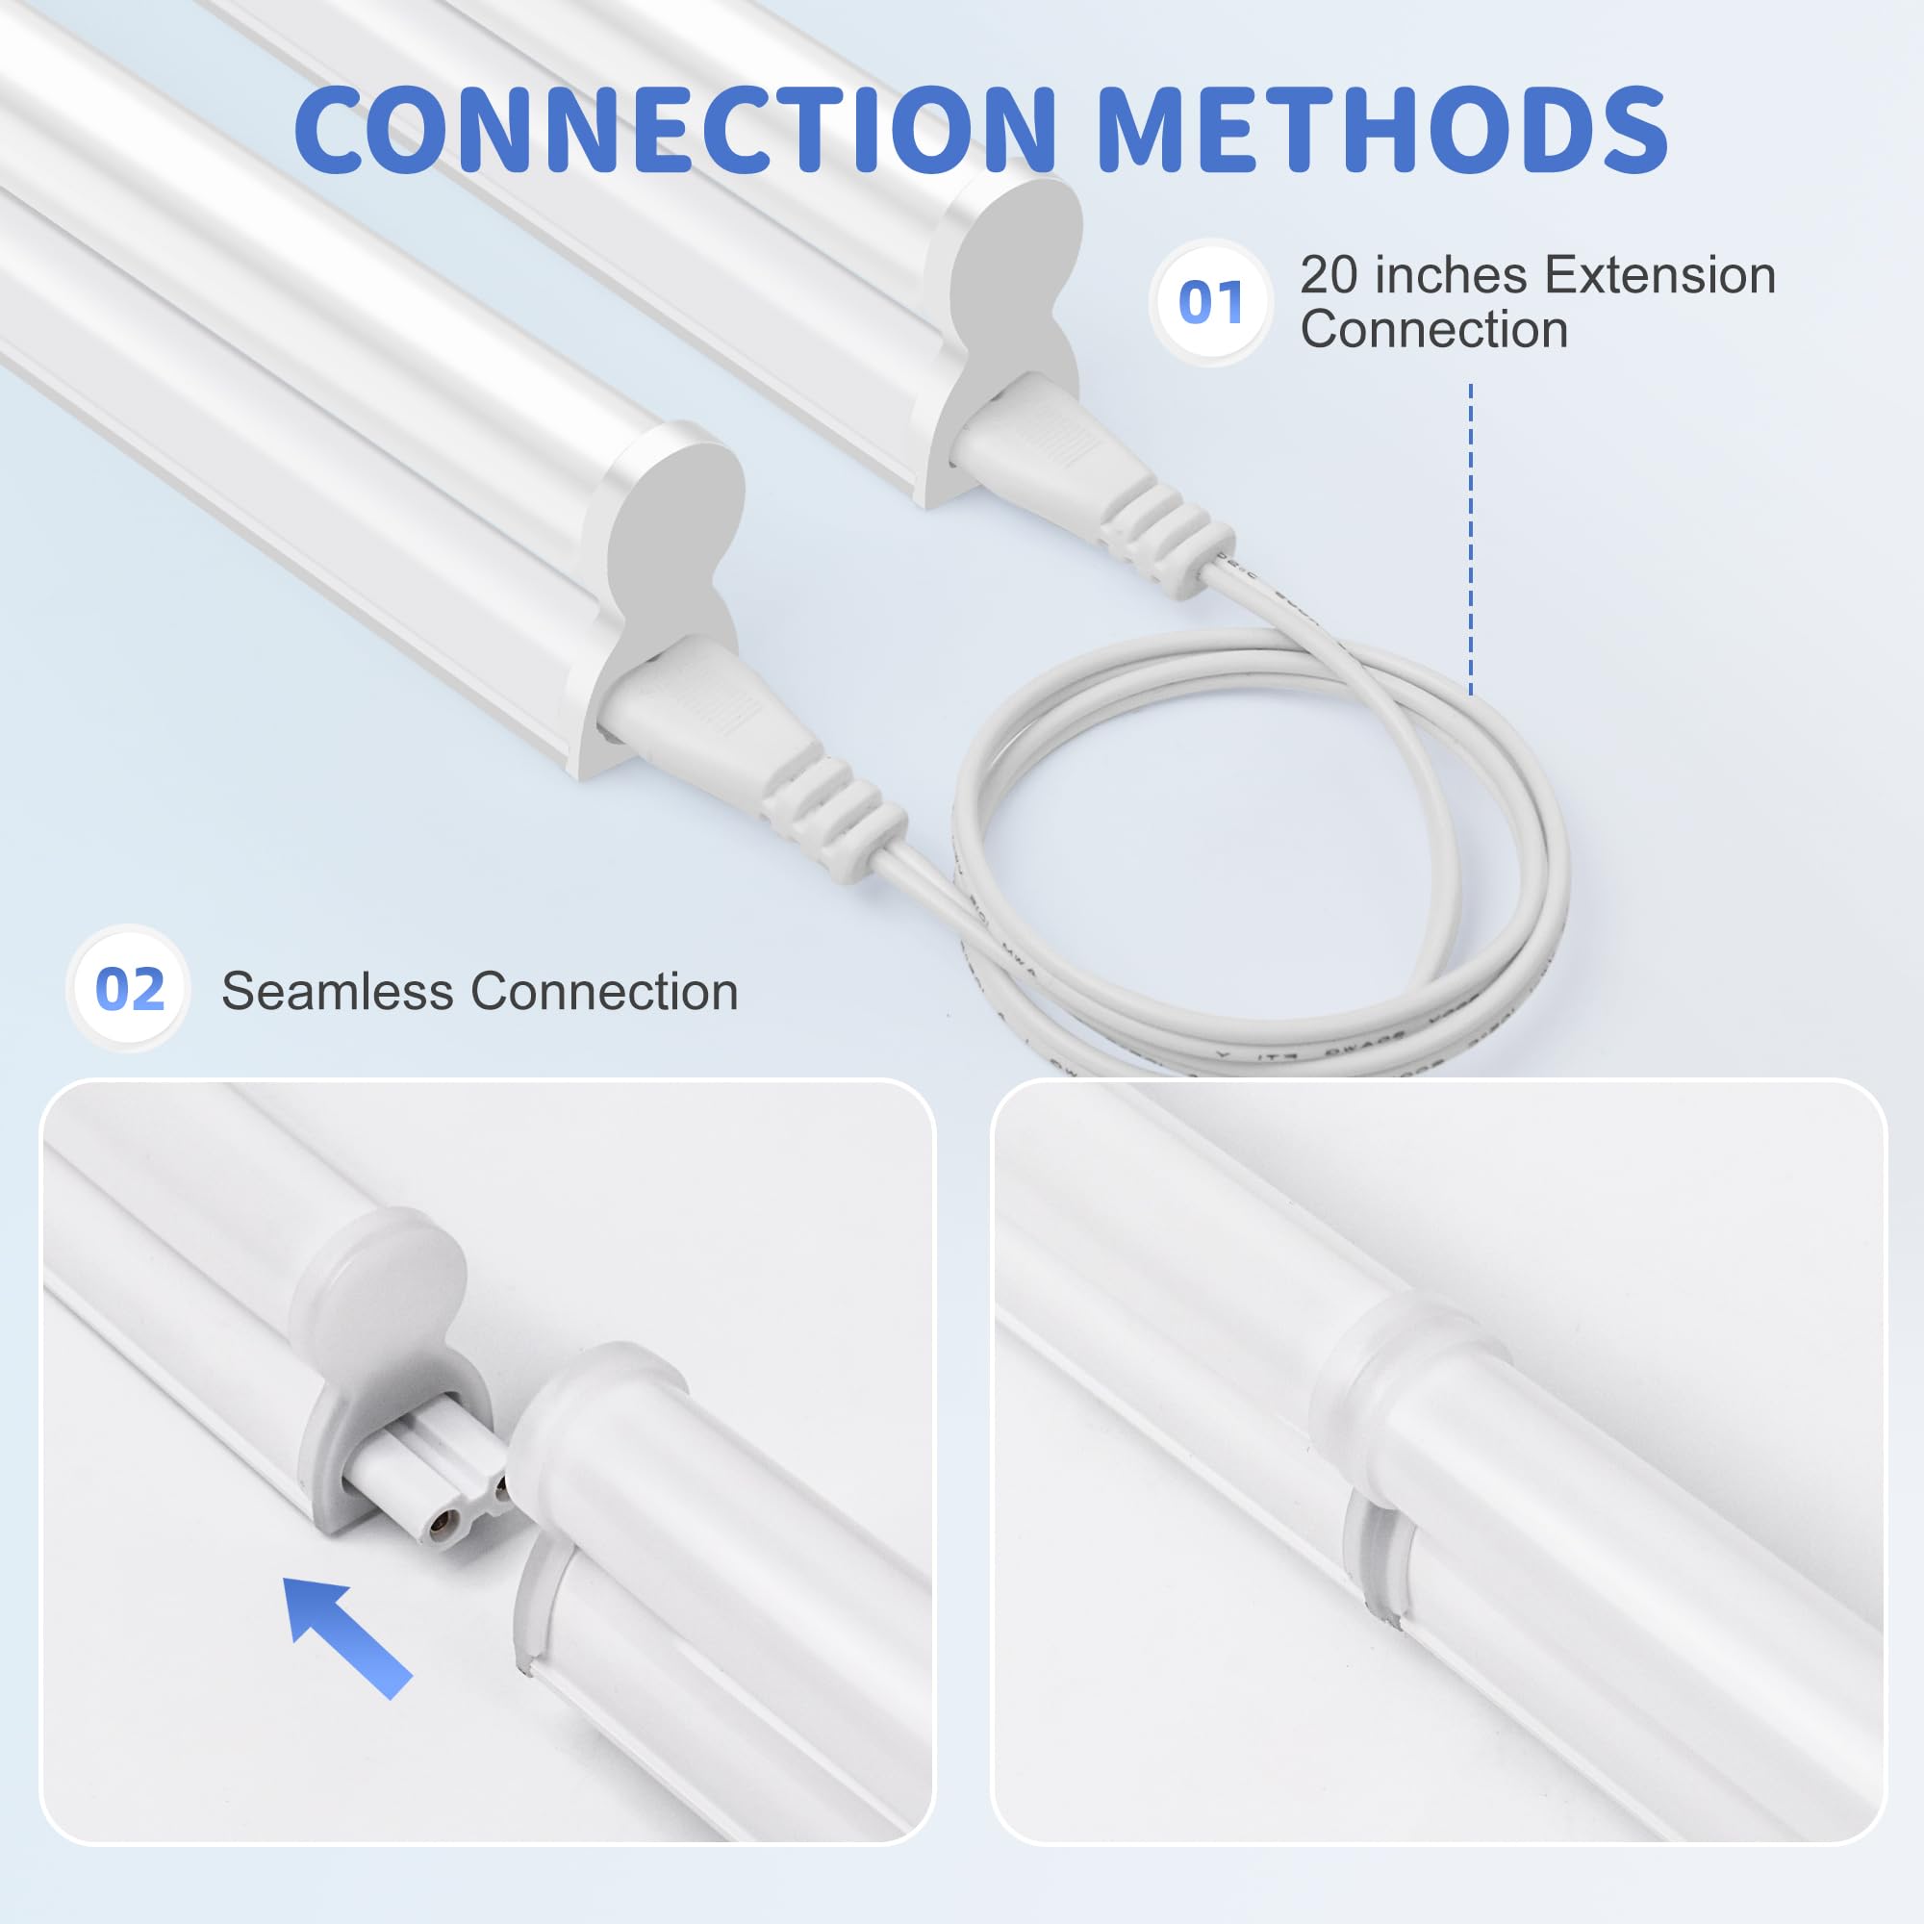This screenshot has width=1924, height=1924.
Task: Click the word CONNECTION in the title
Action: (674, 130)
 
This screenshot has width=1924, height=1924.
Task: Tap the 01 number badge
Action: (1210, 302)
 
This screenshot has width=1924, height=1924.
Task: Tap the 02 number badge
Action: (130, 989)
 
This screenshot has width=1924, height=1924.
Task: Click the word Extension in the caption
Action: (1660, 276)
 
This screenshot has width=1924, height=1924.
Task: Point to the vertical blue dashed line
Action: (1471, 538)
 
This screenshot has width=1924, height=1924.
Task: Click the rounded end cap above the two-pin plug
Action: (384, 1284)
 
